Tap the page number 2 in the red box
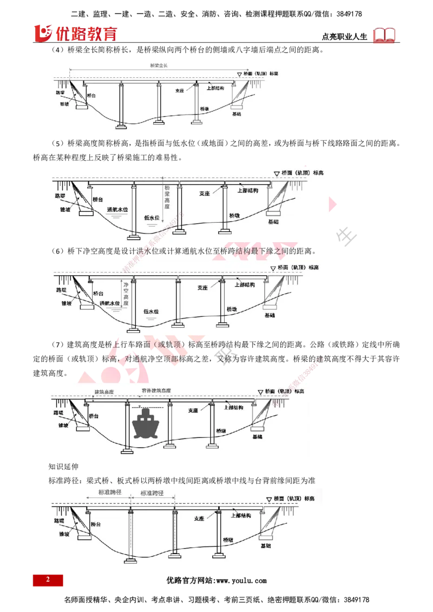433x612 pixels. tap(48, 580)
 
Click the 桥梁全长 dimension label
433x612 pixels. tap(159, 66)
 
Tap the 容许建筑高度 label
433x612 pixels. tap(155, 391)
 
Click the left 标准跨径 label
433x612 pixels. tap(109, 493)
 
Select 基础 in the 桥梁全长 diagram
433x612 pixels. tap(237, 114)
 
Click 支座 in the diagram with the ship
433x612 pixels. tap(193, 410)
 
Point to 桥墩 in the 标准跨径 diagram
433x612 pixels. tap(229, 540)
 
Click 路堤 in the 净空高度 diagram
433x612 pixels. tap(62, 290)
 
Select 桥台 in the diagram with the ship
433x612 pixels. tap(94, 416)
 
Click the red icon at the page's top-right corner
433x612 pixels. tap(384, 35)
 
